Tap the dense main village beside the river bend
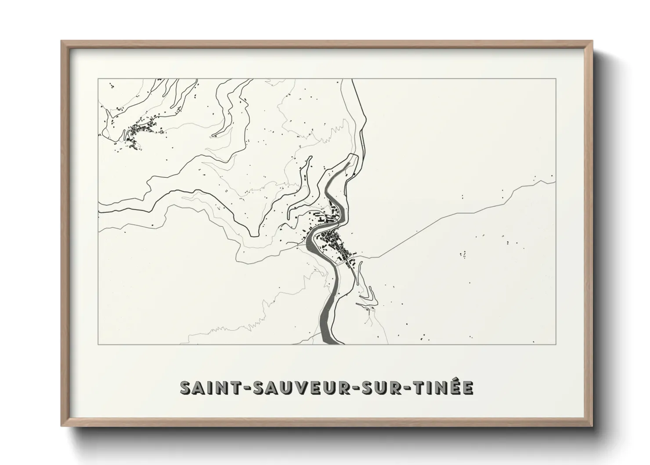[334, 242]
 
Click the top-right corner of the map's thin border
[556, 79]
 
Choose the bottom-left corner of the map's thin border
[98, 344]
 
